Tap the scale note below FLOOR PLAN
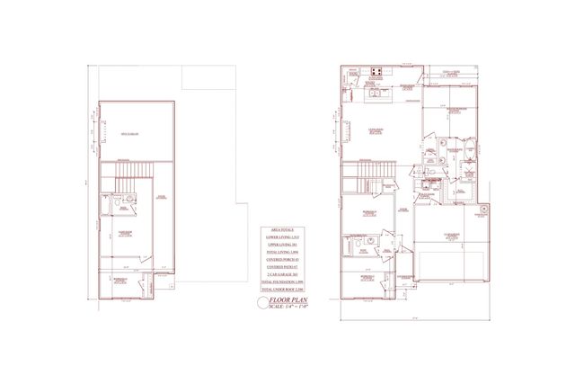(x=289, y=308)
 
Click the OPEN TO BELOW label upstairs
(x=133, y=132)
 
